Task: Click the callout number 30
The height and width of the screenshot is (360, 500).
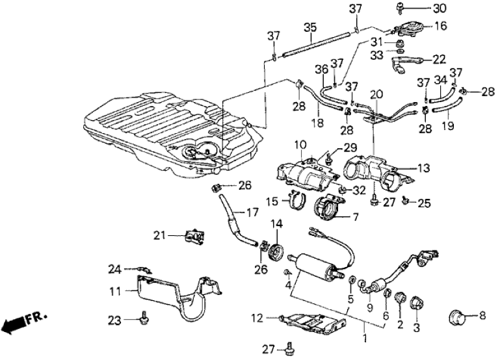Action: click(440, 8)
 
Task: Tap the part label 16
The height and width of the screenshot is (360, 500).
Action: click(440, 27)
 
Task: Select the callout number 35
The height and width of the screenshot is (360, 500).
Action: click(309, 27)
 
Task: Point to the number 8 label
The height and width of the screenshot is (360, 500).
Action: click(481, 316)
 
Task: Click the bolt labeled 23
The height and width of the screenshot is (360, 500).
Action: click(142, 318)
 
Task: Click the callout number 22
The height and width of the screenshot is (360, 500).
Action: click(440, 58)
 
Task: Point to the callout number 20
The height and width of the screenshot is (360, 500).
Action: click(374, 95)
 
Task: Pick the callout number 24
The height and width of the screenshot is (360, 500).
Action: click(114, 268)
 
